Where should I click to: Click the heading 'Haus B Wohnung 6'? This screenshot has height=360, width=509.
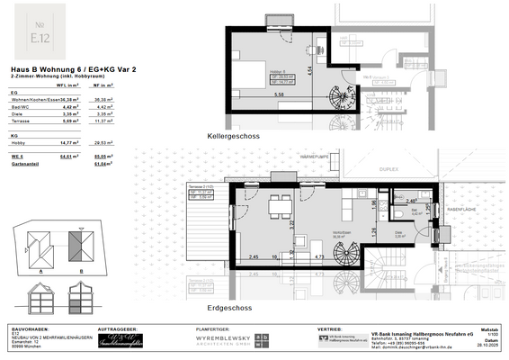[x=46, y=66]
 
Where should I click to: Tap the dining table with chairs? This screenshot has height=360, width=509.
[x=282, y=209]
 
